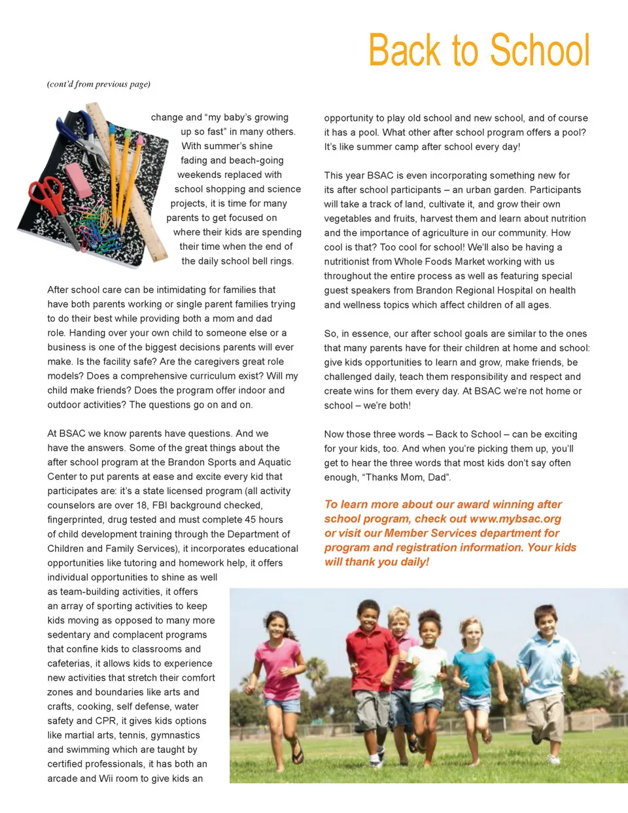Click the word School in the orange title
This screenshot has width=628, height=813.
click(x=540, y=50)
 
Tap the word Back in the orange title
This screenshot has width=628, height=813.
click(x=404, y=50)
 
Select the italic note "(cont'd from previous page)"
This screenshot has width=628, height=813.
click(x=99, y=84)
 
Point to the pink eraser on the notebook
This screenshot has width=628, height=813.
click(x=78, y=180)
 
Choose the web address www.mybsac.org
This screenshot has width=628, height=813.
click(x=515, y=519)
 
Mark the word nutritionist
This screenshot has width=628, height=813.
click(x=353, y=262)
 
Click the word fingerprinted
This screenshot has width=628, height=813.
click(x=75, y=519)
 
